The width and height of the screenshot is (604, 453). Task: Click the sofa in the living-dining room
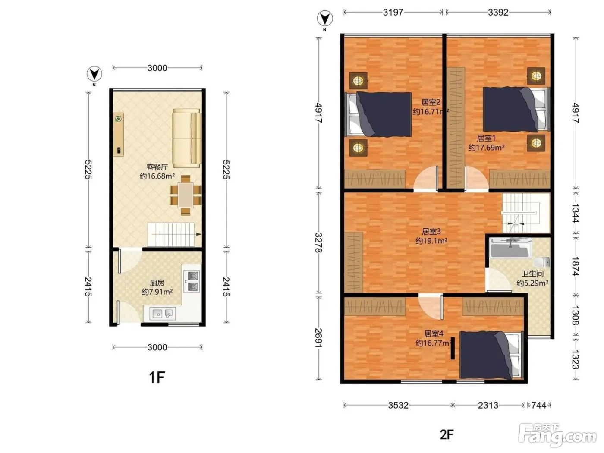[187, 138]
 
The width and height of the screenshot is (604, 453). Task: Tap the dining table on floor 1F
[186, 195]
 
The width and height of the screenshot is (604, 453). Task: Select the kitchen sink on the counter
[162, 313]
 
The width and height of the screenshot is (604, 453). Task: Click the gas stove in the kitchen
[192, 281]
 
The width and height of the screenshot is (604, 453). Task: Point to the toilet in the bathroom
[541, 261]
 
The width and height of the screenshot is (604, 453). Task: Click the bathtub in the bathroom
[510, 248]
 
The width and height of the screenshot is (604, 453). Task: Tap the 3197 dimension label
[393, 13]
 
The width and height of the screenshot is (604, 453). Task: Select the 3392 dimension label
[498, 13]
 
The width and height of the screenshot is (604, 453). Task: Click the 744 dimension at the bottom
[538, 405]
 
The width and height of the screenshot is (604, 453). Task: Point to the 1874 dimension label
[576, 266]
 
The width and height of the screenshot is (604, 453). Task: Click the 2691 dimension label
[318, 338]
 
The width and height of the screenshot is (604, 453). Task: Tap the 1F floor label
[157, 377]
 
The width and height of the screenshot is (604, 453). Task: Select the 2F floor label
[447, 434]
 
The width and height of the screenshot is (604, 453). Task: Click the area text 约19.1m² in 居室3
[431, 241]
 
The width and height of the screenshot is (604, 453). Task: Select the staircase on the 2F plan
[526, 213]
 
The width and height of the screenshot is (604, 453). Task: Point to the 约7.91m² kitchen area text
[157, 292]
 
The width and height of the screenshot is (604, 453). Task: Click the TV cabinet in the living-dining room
[119, 134]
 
